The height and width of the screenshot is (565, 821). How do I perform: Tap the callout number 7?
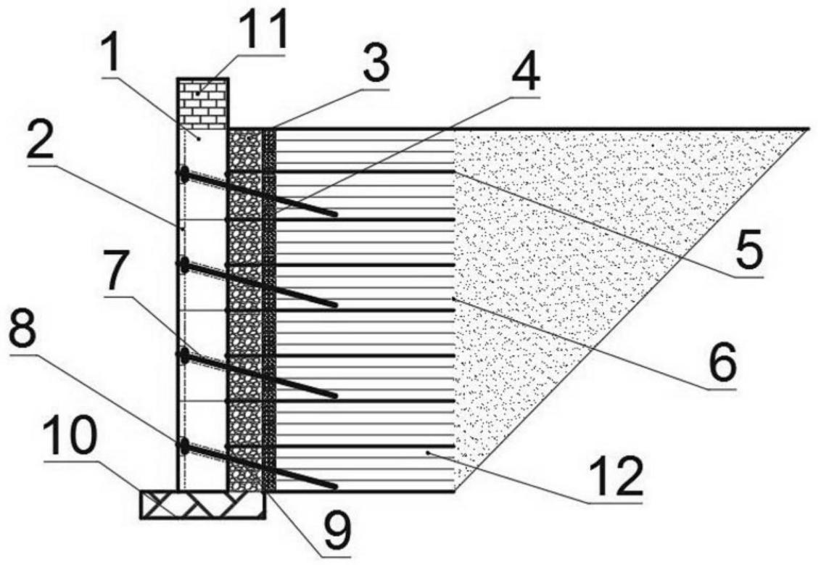tap(118, 271)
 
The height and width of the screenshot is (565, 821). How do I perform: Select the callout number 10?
tap(70, 437)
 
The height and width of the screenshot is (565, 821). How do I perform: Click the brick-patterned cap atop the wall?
tap(202, 104)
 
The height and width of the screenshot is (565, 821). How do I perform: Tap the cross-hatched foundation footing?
tap(202, 505)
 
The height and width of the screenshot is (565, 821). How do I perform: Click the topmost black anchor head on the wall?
tap(183, 174)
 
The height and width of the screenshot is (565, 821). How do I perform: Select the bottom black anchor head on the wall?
tap(183, 446)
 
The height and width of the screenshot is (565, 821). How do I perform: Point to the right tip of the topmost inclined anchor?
tap(334, 215)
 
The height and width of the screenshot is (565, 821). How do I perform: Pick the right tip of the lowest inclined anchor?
tap(334, 487)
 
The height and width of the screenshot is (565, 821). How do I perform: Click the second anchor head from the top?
tap(183, 265)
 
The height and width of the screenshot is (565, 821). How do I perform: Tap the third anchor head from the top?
tap(183, 356)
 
